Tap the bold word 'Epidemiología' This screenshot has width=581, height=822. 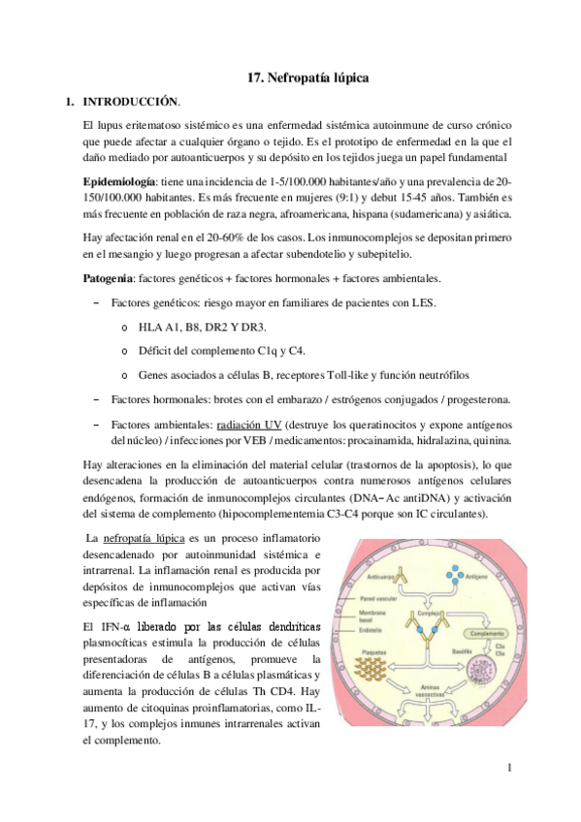click(x=119, y=181)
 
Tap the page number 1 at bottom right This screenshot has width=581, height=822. click(x=508, y=769)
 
